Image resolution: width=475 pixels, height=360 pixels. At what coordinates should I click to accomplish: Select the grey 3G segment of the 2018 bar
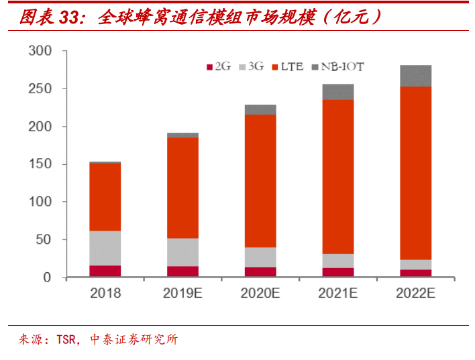(105, 248)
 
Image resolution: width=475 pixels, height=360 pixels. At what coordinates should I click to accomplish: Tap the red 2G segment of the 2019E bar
(182, 272)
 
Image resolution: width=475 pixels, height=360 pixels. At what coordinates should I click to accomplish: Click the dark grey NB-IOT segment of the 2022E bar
(415, 76)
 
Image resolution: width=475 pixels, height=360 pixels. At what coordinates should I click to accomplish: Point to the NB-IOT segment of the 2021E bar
(338, 92)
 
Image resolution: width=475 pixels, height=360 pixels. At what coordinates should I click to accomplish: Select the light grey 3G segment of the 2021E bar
(338, 261)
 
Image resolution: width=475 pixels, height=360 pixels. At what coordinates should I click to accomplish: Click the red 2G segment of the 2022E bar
(415, 273)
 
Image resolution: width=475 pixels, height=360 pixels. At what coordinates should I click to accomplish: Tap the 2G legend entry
(218, 66)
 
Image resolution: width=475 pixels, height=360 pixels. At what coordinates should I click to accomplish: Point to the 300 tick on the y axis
(41, 51)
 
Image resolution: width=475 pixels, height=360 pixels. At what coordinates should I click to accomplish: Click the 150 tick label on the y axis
(41, 164)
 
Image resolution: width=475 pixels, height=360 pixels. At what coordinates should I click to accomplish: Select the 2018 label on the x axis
(105, 293)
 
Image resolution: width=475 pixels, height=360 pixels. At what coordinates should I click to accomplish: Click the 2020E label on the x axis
(260, 293)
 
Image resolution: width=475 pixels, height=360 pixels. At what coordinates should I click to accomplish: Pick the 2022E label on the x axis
(415, 293)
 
